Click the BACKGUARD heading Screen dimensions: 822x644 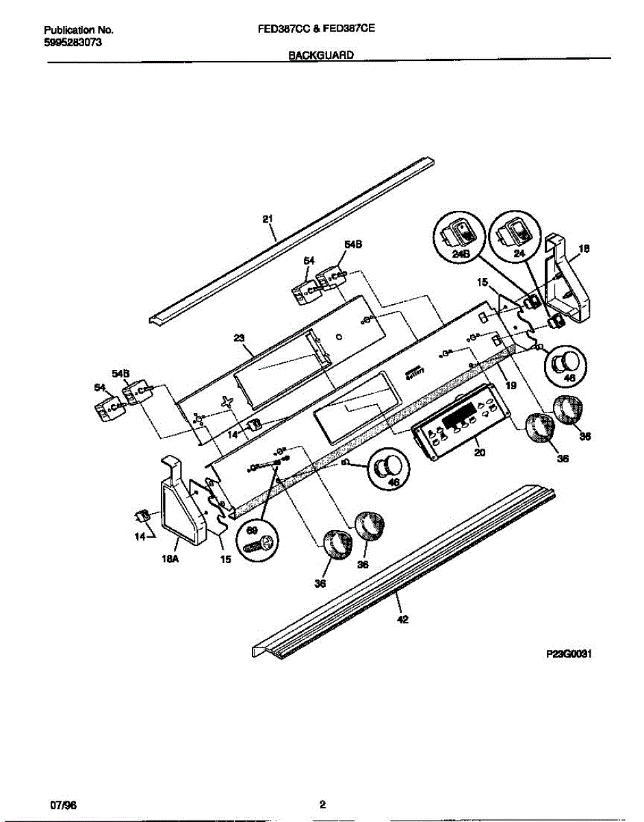point(321,58)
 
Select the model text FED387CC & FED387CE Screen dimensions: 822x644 point(321,31)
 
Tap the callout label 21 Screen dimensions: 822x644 point(268,219)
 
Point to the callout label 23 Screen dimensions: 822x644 point(239,337)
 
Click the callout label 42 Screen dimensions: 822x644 point(402,620)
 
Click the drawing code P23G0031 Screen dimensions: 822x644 point(568,654)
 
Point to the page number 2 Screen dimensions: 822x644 point(322,805)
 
